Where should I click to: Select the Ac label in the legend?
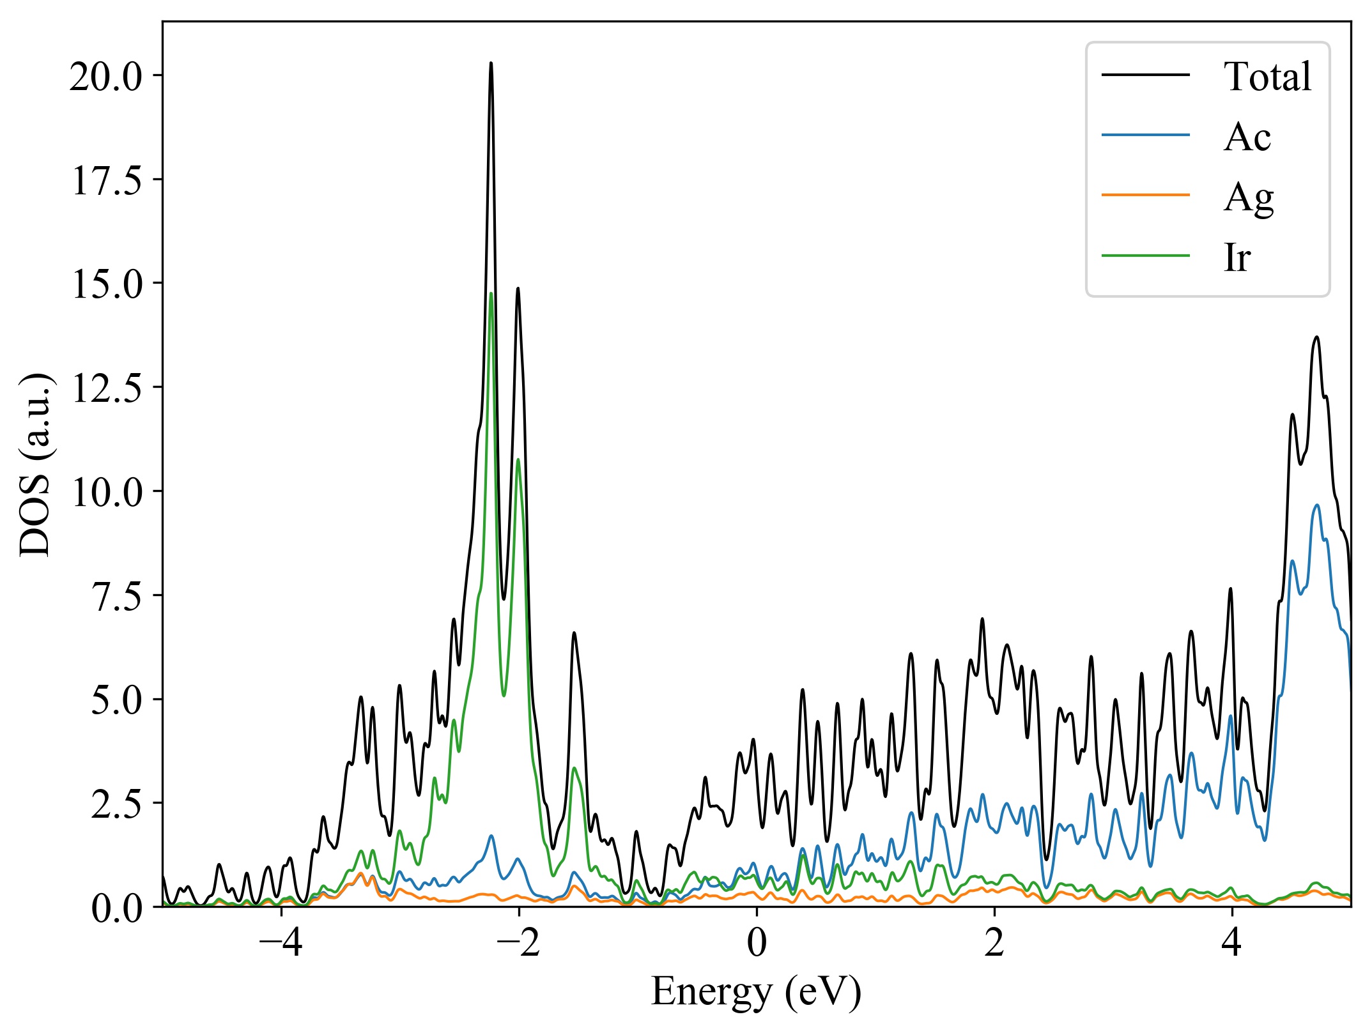(x=1247, y=137)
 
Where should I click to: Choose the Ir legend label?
(x=1237, y=257)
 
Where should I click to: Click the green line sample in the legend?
(x=1145, y=256)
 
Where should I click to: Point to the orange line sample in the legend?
(x=1145, y=194)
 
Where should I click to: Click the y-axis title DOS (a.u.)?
(x=36, y=464)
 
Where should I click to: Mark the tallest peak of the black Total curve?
(x=491, y=63)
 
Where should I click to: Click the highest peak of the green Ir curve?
(x=491, y=293)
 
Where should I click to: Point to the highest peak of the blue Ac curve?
(x=1316, y=505)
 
